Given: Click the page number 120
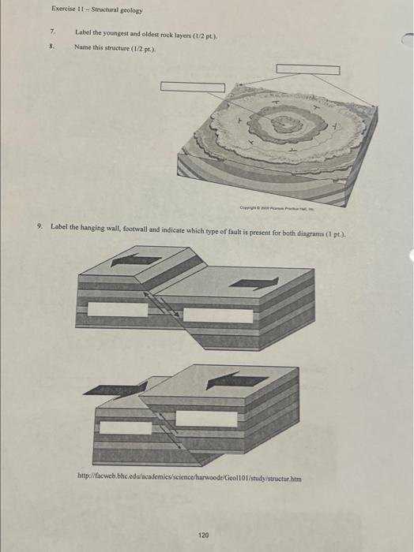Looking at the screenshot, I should (x=203, y=513).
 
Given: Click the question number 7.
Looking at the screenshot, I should (x=52, y=32).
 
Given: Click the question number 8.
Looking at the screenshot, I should (x=52, y=47).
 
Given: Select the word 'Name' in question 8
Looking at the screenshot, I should (x=83, y=47).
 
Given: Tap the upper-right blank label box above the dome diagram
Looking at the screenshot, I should (x=308, y=70).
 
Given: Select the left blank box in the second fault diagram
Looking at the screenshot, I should (x=126, y=427).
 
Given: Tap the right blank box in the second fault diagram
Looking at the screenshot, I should (x=206, y=419).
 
